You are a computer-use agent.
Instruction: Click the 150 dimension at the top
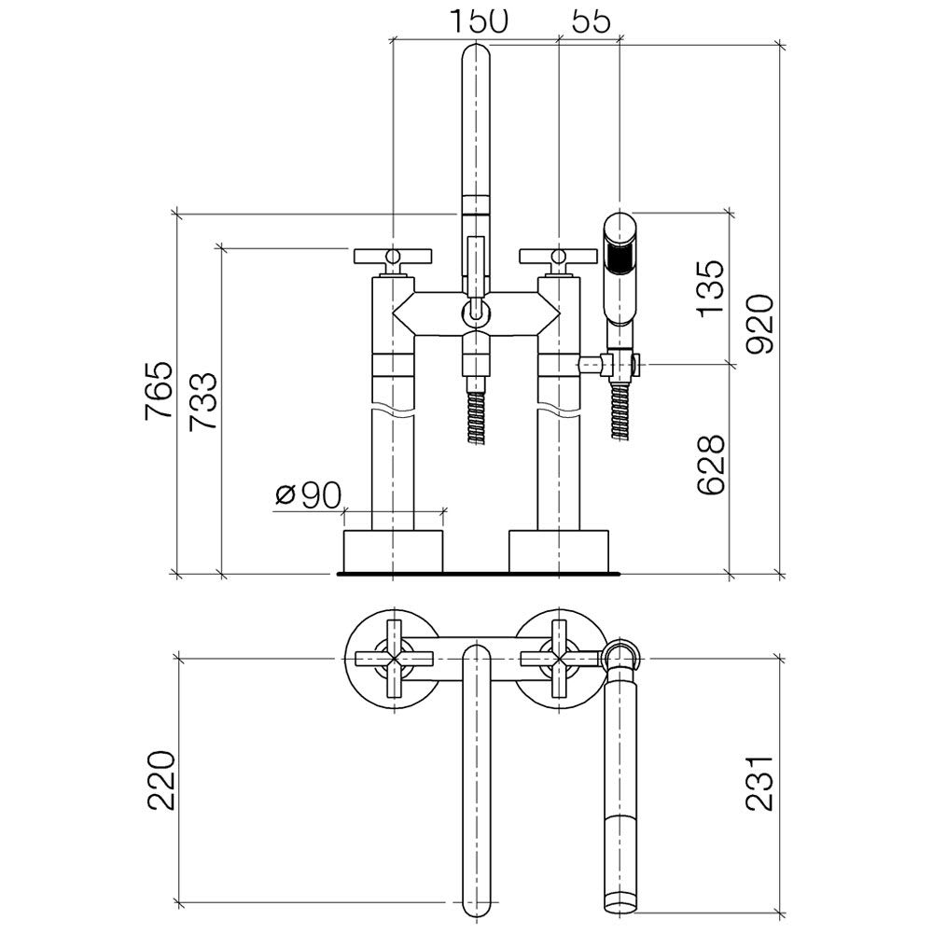pos(479,21)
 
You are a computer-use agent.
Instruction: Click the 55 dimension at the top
pos(592,21)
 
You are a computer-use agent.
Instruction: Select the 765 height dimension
pos(160,390)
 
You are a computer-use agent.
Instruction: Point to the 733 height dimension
pos(202,401)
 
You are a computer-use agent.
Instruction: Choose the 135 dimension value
pos(712,288)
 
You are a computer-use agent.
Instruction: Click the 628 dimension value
pos(712,465)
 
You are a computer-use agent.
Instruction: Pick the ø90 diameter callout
pos(308,494)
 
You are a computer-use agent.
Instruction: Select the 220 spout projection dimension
pos(161,780)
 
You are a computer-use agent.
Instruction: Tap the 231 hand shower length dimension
pos(760,783)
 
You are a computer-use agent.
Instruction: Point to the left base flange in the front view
pos(394,551)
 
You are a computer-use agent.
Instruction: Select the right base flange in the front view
pos(559,551)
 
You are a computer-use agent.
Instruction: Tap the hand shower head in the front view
pos(620,269)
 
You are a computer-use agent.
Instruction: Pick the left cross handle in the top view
pos(394,659)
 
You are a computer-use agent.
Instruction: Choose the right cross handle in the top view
pos(559,659)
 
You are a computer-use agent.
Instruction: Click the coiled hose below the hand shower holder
pos(620,411)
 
